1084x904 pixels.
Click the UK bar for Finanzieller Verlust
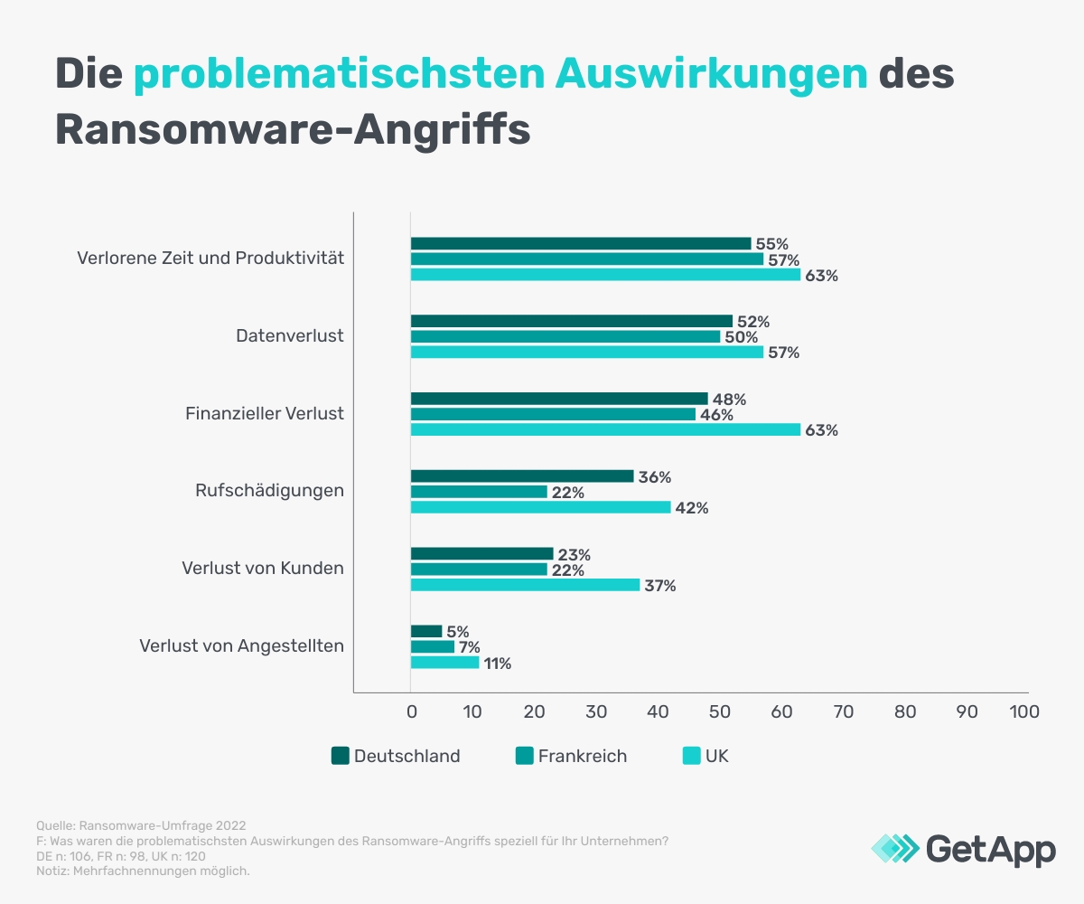tap(605, 430)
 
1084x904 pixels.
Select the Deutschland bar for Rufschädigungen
tap(522, 476)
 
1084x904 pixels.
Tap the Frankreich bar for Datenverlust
tap(565, 337)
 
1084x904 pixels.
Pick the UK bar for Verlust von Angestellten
tap(444, 663)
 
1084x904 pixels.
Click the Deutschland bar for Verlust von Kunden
tap(481, 554)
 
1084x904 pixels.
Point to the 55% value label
tap(772, 243)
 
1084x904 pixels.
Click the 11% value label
tap(497, 664)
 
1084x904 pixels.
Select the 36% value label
tap(655, 477)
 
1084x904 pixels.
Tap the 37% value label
tap(660, 586)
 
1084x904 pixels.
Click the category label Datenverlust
tap(290, 336)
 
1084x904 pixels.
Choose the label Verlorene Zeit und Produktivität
tap(210, 259)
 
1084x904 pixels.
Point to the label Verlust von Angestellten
tap(241, 646)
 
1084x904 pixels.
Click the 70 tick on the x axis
tap(843, 711)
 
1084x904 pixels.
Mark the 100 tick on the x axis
tap(1024, 711)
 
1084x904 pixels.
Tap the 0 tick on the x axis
tap(411, 711)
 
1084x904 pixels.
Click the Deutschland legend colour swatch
tap(341, 756)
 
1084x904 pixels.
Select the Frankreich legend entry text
tap(582, 756)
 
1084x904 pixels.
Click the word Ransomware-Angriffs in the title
tap(292, 129)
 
